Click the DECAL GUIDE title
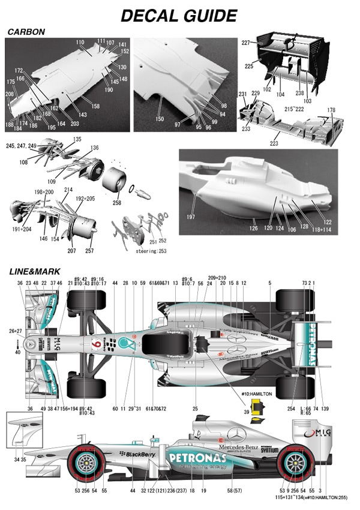[x=179, y=15]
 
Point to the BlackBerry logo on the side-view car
[x=137, y=455]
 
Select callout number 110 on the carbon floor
[x=80, y=43]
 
